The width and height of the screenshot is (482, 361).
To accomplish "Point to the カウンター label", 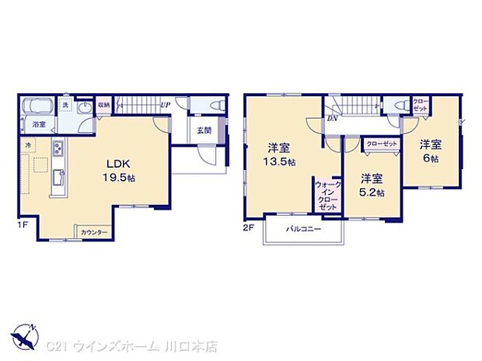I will click(x=95, y=232).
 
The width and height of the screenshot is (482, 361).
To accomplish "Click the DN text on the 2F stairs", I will click(x=332, y=117).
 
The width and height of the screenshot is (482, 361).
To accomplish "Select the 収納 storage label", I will click(x=103, y=105).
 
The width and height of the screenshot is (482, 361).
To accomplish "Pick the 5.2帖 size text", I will click(x=370, y=193).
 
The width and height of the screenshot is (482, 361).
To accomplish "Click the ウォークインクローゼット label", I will click(x=328, y=197).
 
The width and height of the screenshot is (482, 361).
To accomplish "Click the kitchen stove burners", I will click(x=58, y=149).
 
